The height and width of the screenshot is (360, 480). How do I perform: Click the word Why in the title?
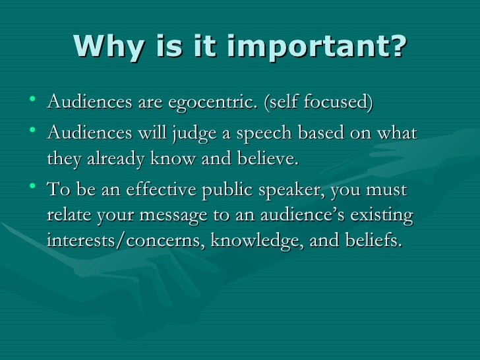(x=105, y=45)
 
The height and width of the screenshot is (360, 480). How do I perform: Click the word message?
(x=184, y=217)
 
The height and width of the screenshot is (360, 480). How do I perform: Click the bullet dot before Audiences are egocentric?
(x=34, y=102)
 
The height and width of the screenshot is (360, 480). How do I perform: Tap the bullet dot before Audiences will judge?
(x=34, y=133)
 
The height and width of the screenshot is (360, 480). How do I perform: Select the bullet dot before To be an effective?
(x=34, y=189)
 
